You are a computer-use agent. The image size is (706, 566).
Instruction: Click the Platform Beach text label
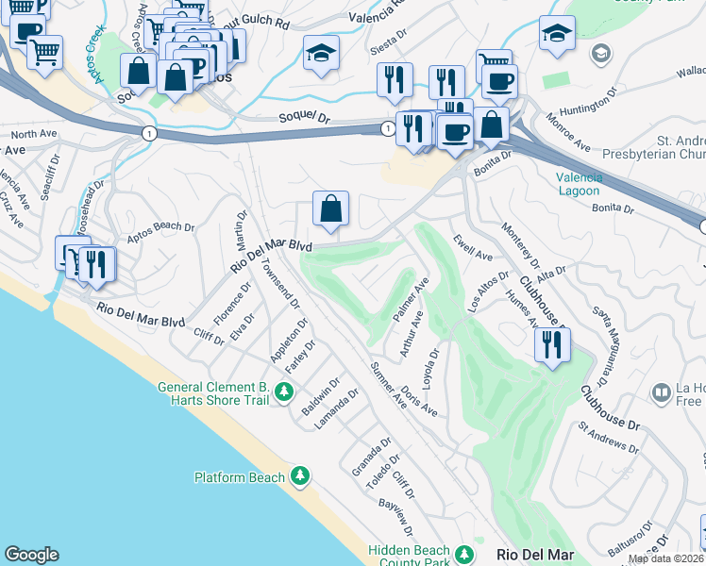tap(239, 477)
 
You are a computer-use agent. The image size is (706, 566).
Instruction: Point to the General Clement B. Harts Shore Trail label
tap(212, 393)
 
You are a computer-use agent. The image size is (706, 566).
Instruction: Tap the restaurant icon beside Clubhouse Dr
tap(552, 345)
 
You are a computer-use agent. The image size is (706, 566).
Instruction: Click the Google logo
tap(31, 555)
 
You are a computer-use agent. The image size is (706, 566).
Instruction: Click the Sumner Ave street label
tap(388, 384)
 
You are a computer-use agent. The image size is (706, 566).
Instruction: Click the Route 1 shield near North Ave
tap(149, 134)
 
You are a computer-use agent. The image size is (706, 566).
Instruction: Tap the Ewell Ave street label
tap(472, 249)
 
